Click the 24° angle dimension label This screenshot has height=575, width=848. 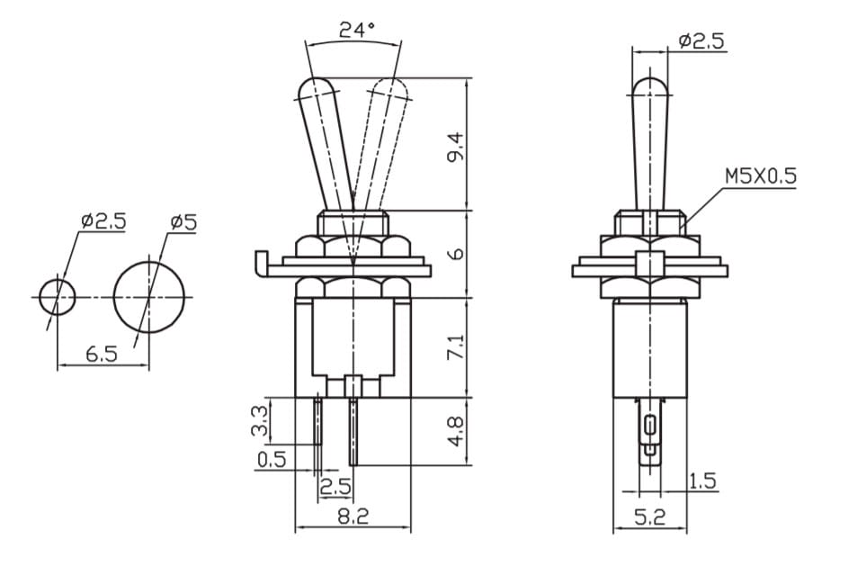pyautogui.click(x=357, y=29)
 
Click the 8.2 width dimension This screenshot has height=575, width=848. pyautogui.click(x=353, y=516)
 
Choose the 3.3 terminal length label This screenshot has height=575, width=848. pyautogui.click(x=260, y=421)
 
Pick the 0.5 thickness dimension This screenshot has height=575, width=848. pyautogui.click(x=272, y=459)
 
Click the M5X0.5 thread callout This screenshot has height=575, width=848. pyautogui.click(x=761, y=175)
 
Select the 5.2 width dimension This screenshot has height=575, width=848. pyautogui.click(x=649, y=517)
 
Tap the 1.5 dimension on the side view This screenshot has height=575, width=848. pyautogui.click(x=703, y=481)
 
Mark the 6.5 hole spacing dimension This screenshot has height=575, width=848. pyautogui.click(x=101, y=354)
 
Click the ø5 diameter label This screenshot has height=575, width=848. pyautogui.click(x=183, y=221)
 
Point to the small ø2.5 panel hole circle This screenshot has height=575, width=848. pyautogui.click(x=58, y=297)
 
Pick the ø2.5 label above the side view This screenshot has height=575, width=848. pyautogui.click(x=701, y=41)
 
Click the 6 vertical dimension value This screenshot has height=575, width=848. pyautogui.click(x=457, y=254)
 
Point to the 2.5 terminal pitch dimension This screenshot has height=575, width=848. pyautogui.click(x=335, y=487)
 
